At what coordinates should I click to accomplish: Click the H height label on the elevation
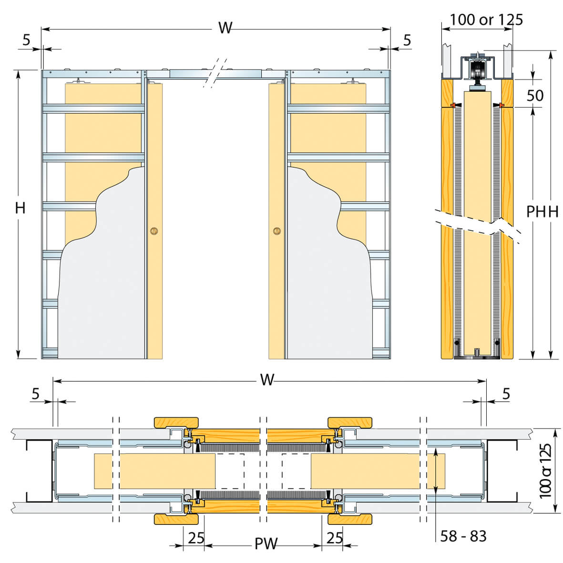pyautogui.click(x=20, y=208)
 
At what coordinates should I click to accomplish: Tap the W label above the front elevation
pyautogui.click(x=225, y=28)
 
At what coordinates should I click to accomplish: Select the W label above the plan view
pyautogui.click(x=267, y=379)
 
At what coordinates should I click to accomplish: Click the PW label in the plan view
pyautogui.click(x=266, y=543)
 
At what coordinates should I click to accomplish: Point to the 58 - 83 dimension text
pyautogui.click(x=463, y=536)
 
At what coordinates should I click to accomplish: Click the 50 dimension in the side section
pyautogui.click(x=535, y=95)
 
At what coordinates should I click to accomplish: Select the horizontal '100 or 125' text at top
pyautogui.click(x=486, y=20)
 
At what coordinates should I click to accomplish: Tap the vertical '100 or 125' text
pyautogui.click(x=545, y=471)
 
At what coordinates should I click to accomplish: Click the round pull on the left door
pyautogui.click(x=154, y=231)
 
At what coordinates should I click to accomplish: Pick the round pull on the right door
pyautogui.click(x=277, y=231)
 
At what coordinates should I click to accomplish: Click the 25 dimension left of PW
pyautogui.click(x=196, y=538)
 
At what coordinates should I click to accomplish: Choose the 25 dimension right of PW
pyautogui.click(x=335, y=538)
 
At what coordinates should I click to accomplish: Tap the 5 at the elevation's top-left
pyautogui.click(x=26, y=40)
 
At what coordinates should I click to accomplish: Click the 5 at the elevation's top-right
pyautogui.click(x=407, y=40)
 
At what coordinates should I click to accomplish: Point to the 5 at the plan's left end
pyautogui.click(x=35, y=394)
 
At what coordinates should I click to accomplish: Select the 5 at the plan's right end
pyautogui.click(x=506, y=394)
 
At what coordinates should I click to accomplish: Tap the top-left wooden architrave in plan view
pyautogui.click(x=176, y=423)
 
